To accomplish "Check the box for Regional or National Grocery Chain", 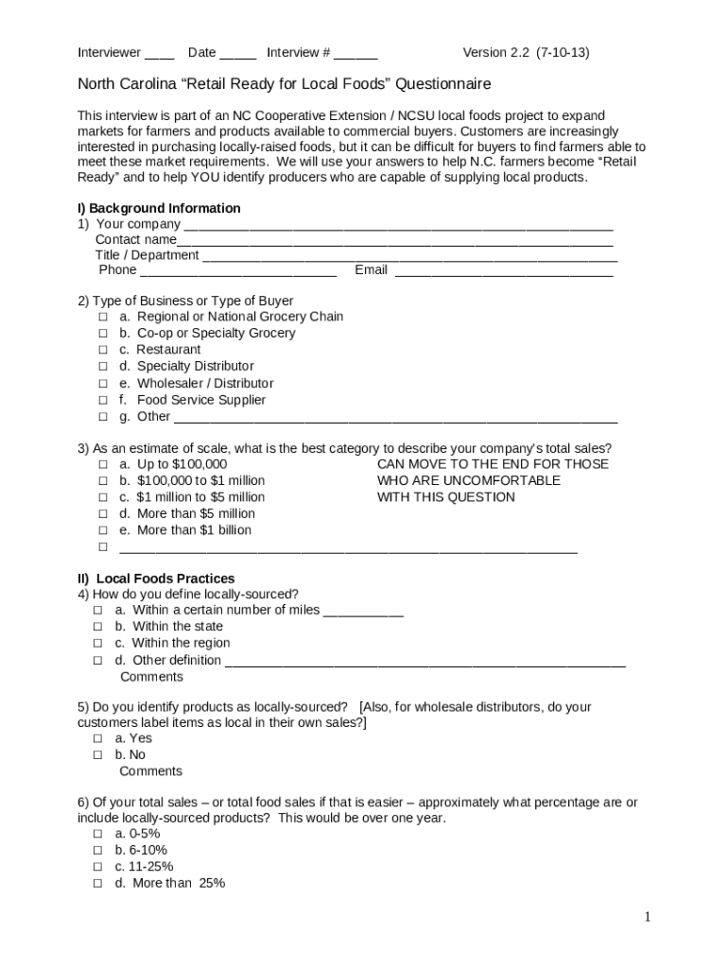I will coord(102,317).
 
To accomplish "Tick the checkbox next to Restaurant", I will coord(102,350).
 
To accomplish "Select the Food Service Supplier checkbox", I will coord(102,400).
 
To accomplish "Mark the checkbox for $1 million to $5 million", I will coord(102,497).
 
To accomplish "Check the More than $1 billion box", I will coord(102,530).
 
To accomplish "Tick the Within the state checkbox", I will coord(98,627).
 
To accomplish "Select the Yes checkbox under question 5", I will coord(98,738).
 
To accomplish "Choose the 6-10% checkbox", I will coord(98,850).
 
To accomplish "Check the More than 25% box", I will coord(98,883).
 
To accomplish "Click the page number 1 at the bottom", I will coord(648,916).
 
